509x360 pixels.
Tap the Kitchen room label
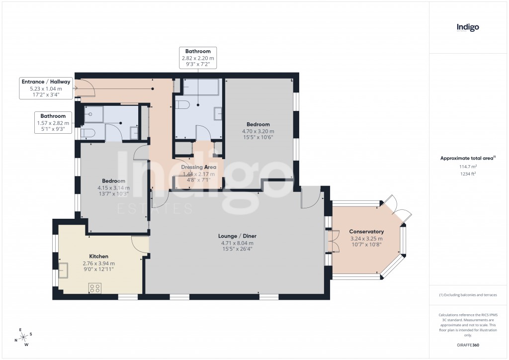[x=98, y=257]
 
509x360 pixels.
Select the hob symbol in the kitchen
[x=94, y=288]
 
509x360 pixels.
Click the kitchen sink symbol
[x=63, y=271]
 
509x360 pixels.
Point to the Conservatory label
[x=366, y=232]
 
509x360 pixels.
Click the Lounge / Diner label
[x=237, y=236]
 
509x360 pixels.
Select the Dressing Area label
[x=198, y=168]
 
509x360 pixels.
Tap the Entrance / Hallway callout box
[x=46, y=88]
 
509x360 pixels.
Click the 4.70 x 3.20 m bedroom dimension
[x=258, y=131]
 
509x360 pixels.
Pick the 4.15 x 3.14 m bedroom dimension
[x=113, y=188]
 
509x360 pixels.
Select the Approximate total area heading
[x=467, y=158]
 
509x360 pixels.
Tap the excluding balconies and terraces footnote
[x=467, y=295]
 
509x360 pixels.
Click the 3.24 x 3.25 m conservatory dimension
[x=366, y=239]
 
